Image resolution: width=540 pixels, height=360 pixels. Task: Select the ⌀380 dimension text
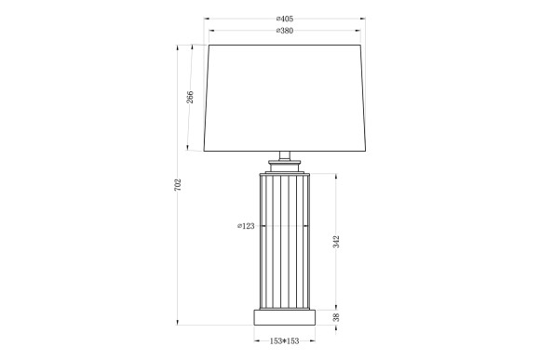284,32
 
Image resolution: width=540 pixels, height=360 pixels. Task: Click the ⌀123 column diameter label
246,225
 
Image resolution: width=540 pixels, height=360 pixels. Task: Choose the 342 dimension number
336,242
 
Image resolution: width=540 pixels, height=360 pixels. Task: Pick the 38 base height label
336,317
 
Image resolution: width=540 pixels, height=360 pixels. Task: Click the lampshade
284,98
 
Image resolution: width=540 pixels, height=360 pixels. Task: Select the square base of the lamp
284,316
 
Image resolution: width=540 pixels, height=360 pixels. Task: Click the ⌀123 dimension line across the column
284,225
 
